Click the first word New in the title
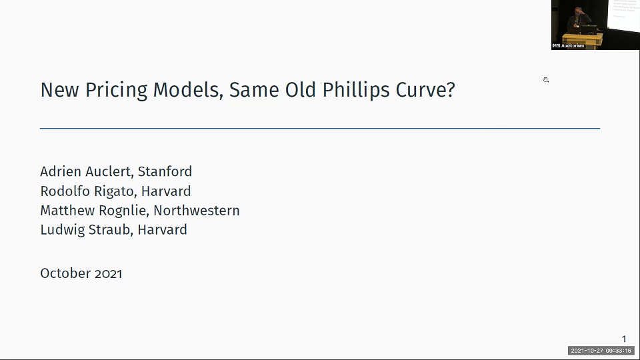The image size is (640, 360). coord(59,90)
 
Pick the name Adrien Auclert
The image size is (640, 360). coord(85,172)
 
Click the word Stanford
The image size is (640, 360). coord(165,172)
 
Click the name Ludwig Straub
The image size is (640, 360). coord(79,230)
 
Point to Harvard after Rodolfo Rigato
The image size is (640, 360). coord(166,191)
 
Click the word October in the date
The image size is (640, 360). coord(63,273)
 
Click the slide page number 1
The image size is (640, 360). coord(624,339)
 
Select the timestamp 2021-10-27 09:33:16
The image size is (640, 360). coord(601,351)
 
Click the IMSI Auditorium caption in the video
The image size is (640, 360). coord(569,45)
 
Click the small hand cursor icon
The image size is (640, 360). coord(545,80)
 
